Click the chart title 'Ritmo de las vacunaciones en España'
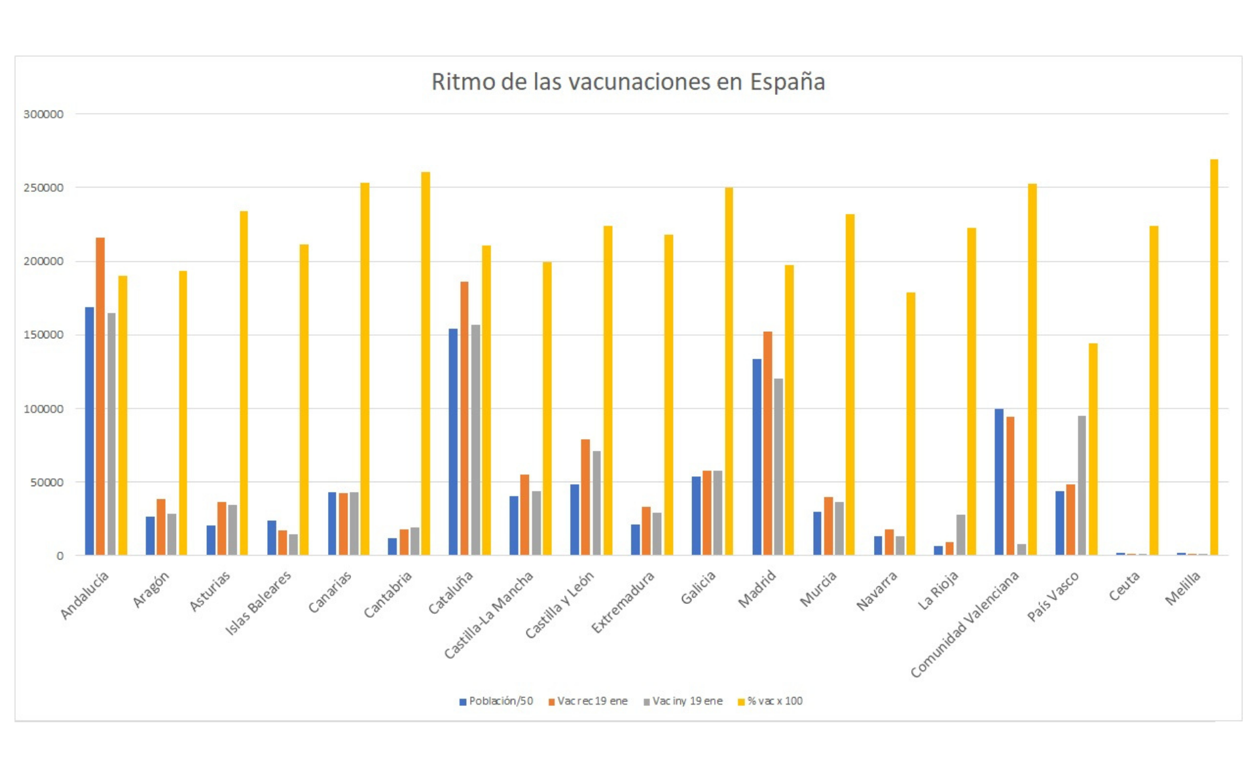[628, 82]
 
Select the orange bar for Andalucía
[100, 396]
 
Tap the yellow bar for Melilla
[1214, 357]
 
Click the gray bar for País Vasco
[1082, 485]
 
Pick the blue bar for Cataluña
[453, 442]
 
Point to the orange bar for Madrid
[767, 443]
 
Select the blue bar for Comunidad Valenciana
[999, 482]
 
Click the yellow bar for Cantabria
[426, 363]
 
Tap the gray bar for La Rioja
[960, 535]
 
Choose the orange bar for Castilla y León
[585, 497]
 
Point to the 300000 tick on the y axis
[43, 114]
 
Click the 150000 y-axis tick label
[43, 335]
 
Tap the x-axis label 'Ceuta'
[1124, 586]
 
